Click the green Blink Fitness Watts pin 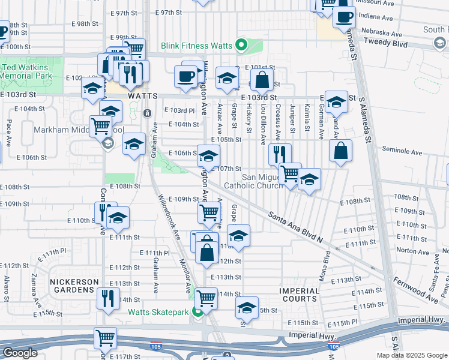tap(241, 45)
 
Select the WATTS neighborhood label tap(142, 96)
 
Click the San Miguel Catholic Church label tap(270, 181)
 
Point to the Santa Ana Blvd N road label tap(295, 227)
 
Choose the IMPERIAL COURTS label tap(298, 295)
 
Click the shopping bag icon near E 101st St tap(262, 79)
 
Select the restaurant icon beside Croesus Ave tap(280, 154)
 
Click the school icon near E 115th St tap(247, 307)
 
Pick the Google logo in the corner tap(20, 353)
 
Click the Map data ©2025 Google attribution tap(411, 355)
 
